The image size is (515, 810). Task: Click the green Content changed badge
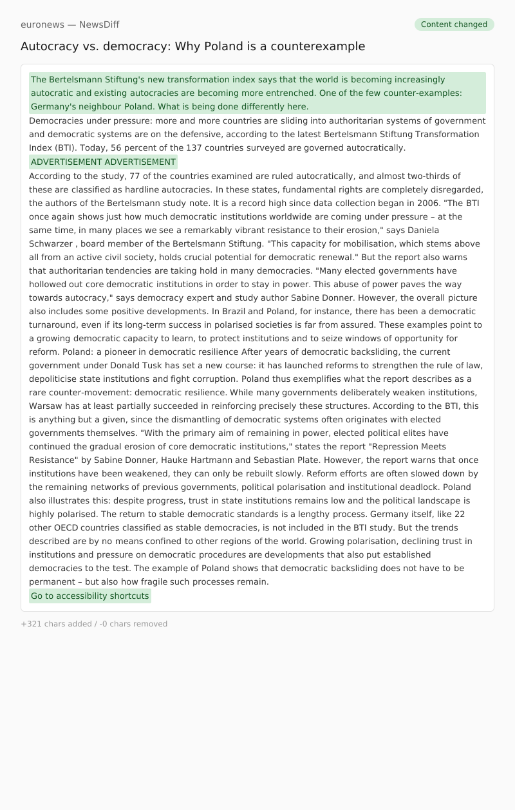454,24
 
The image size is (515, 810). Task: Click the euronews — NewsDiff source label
70,24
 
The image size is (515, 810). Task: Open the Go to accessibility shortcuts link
89,596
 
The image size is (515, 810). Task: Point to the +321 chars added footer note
94,624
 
